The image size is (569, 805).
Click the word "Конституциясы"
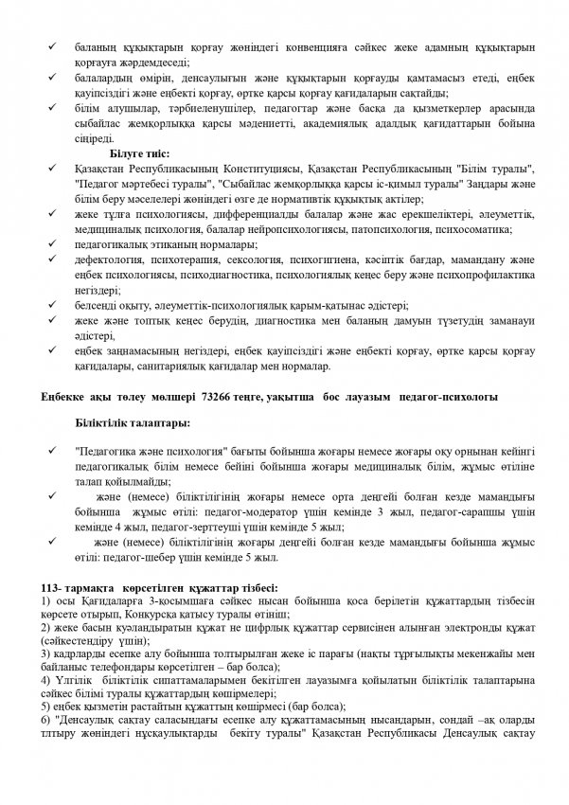pyautogui.click(x=225, y=167)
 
